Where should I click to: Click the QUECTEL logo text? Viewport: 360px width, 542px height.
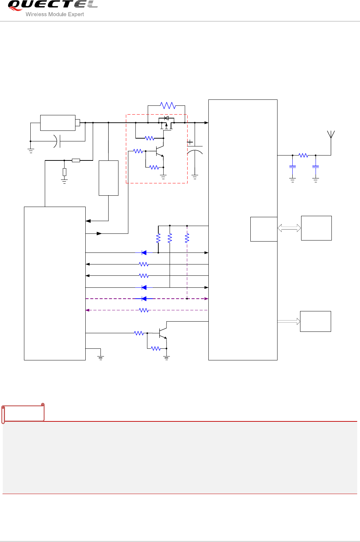tap(52, 5)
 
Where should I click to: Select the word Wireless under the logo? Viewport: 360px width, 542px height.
tap(36, 14)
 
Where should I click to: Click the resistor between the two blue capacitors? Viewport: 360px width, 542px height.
tap(303, 155)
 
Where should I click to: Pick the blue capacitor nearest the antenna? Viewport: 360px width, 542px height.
tap(316, 167)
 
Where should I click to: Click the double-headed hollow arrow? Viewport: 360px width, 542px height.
tap(289, 228)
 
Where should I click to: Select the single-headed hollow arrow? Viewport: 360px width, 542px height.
tap(289, 321)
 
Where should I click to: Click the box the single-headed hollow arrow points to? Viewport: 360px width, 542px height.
tap(315, 321)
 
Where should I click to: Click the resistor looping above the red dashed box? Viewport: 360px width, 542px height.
tap(167, 105)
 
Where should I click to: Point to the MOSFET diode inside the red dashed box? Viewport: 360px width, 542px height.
tap(166, 118)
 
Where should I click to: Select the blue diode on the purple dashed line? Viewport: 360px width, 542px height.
tap(144, 299)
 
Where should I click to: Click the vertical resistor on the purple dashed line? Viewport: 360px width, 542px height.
tap(187, 238)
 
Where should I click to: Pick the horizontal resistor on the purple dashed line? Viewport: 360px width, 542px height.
tap(144, 310)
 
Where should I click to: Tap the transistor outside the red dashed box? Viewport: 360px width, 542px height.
tap(163, 333)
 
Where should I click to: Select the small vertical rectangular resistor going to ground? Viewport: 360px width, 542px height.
tap(64, 172)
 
